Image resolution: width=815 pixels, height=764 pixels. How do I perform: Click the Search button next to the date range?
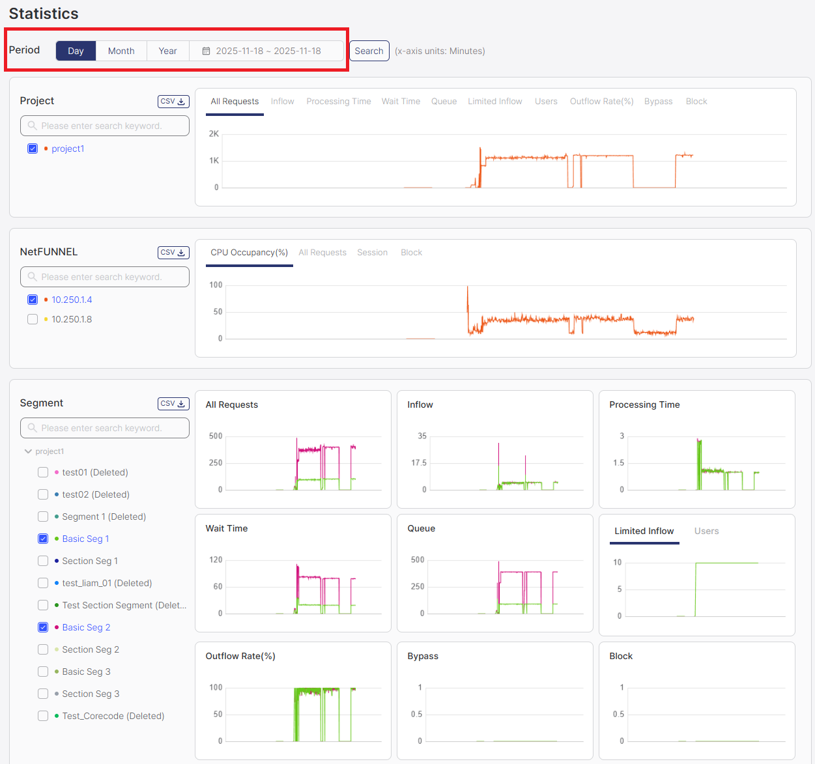coord(369,51)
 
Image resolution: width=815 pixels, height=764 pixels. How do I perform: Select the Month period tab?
coord(121,51)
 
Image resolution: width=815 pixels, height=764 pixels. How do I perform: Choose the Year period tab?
coord(167,51)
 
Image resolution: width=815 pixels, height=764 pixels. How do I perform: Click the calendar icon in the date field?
coord(206,51)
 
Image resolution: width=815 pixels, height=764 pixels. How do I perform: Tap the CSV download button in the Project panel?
coord(173,102)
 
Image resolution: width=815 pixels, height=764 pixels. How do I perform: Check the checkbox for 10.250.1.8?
coord(33,319)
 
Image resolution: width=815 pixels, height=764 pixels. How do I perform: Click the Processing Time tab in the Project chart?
coord(338,102)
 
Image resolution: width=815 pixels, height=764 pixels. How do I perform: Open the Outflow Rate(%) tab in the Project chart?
coord(601,102)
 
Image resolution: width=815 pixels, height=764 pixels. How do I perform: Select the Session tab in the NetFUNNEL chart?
coord(372,253)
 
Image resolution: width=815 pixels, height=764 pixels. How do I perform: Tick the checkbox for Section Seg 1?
coord(43,561)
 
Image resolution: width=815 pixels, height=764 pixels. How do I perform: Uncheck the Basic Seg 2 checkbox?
coord(43,627)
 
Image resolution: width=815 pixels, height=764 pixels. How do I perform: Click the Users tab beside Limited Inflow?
coord(706,531)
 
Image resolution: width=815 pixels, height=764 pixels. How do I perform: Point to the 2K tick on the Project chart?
coord(214,134)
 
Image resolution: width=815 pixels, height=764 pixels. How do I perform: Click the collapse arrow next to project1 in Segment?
coord(28,451)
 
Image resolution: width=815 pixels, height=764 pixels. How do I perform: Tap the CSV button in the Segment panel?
coord(173,404)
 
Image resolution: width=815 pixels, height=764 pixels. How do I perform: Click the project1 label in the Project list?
coord(68,149)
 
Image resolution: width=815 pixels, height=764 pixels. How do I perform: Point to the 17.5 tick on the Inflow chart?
coord(419,463)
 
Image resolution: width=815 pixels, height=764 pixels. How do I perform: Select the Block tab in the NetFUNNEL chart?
coord(411,253)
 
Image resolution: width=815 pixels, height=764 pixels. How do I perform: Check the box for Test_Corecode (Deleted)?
coord(43,716)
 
